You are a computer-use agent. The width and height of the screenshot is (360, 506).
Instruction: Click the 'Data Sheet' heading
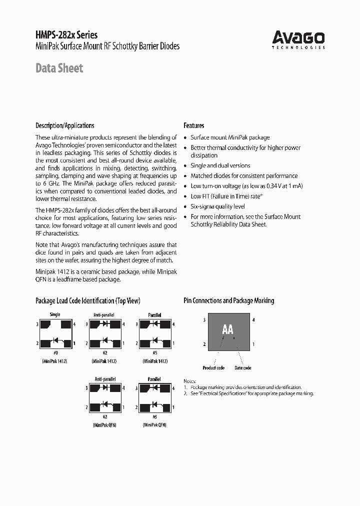(59, 68)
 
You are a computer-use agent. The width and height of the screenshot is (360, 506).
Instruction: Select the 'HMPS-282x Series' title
(66, 35)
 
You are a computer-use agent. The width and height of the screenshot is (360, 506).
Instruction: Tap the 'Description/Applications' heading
(64, 125)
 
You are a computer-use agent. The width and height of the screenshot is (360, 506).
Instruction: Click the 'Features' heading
(193, 125)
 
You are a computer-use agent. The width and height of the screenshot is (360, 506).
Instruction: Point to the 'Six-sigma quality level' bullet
(217, 206)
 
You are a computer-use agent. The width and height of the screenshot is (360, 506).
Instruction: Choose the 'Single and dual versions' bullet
(220, 165)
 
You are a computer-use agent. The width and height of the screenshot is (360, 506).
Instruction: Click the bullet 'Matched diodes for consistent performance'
(244, 176)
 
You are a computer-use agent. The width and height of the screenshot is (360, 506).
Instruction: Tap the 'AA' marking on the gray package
(227, 329)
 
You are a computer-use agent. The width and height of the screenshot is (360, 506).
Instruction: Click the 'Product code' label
(213, 368)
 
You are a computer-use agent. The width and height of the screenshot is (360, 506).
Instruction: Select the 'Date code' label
(242, 368)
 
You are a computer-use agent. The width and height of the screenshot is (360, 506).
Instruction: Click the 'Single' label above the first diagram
(55, 314)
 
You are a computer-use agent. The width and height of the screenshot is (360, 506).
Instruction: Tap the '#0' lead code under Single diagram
(55, 353)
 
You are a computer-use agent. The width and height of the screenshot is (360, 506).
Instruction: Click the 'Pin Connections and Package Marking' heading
(228, 300)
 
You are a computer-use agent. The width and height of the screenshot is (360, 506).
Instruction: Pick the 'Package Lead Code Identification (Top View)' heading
(87, 300)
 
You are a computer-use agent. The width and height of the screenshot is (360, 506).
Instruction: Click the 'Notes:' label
(189, 381)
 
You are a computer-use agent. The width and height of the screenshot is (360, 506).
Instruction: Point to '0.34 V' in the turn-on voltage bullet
(273, 186)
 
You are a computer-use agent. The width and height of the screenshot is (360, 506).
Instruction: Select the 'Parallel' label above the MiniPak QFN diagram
(154, 379)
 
